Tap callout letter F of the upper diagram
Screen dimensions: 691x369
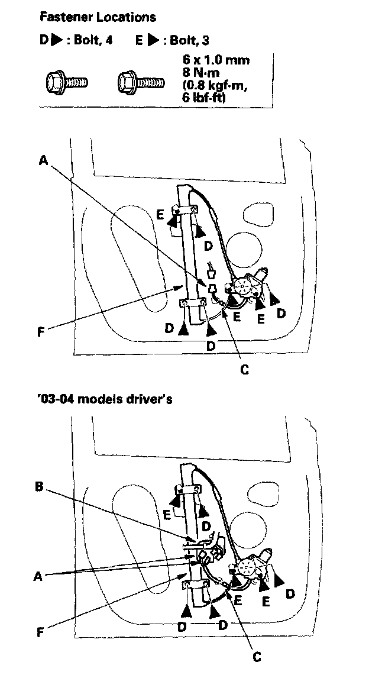[40, 332]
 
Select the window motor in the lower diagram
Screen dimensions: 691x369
[248, 566]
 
